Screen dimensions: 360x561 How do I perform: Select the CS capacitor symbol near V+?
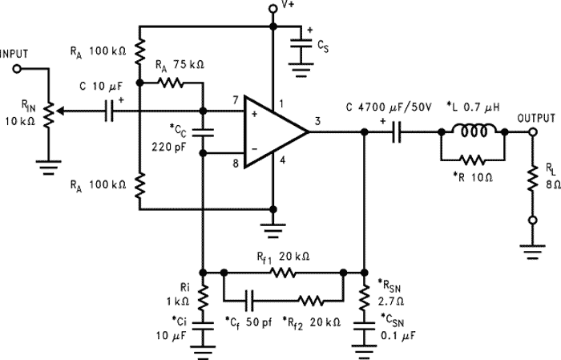click(x=301, y=47)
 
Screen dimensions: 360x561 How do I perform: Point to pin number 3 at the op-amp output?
click(x=317, y=122)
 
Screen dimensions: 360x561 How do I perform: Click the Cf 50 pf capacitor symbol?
click(x=252, y=301)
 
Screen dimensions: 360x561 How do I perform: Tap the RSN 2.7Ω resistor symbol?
click(x=365, y=296)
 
